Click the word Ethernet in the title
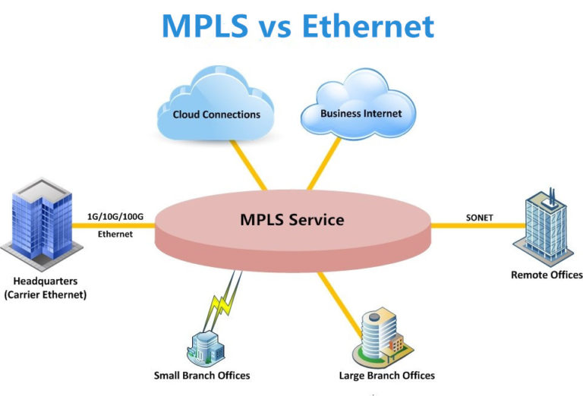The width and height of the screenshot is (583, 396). point(367,26)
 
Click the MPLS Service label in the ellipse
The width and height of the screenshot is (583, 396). point(292,220)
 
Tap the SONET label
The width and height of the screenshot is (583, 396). point(479,218)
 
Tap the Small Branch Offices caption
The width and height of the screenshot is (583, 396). point(202,376)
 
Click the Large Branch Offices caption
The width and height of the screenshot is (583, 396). point(386,376)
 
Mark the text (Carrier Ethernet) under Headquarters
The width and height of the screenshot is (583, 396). point(44,294)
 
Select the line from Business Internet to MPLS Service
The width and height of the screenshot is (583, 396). point(325,162)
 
